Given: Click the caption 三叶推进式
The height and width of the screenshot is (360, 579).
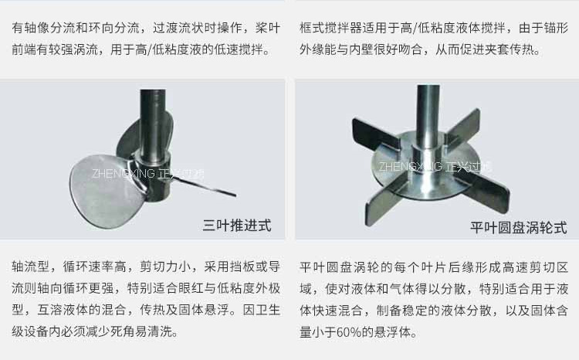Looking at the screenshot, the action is [x=237, y=225].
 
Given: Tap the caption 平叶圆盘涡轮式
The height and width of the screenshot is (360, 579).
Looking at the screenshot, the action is [x=519, y=227].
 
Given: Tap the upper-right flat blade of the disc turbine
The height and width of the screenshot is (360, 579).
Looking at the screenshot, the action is [x=463, y=127].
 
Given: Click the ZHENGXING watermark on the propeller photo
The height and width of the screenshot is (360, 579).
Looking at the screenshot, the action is [x=147, y=173].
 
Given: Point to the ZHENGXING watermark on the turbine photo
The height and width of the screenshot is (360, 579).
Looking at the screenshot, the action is [x=435, y=166].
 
